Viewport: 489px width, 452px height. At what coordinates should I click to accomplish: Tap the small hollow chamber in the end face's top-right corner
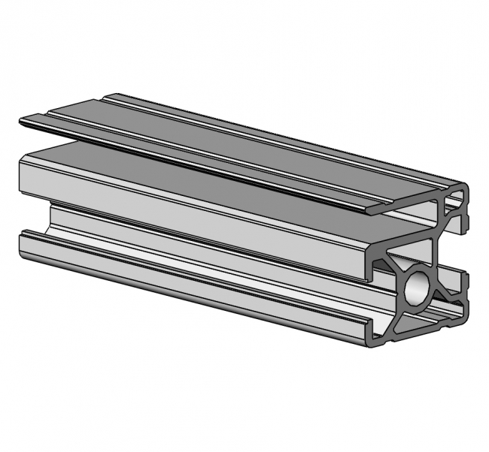[455, 201]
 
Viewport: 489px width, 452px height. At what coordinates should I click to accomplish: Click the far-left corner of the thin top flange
[21, 119]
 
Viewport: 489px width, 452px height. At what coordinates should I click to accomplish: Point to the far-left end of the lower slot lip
[23, 239]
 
